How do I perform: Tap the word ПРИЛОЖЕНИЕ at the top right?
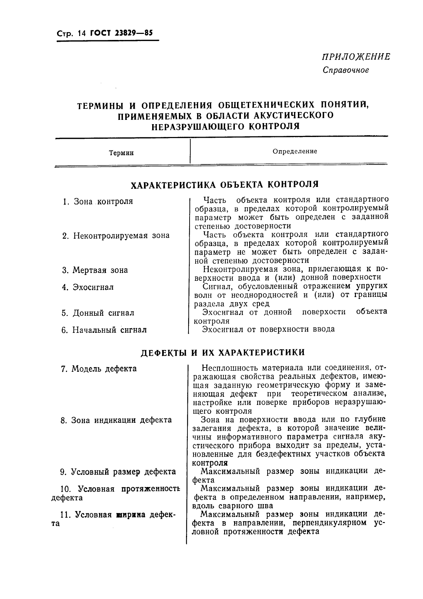click(356, 57)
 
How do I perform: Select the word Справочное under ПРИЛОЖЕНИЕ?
click(346, 70)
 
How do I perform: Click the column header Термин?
click(121, 153)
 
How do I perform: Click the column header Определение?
click(295, 151)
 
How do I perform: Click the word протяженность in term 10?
click(151, 489)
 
